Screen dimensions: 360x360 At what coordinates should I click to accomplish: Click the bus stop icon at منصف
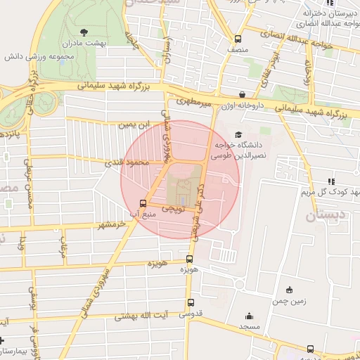[x=238, y=39]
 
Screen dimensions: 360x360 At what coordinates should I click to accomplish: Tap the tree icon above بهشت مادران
[x=85, y=32]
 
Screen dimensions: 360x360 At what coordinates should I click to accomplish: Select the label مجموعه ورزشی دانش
[x=37, y=56]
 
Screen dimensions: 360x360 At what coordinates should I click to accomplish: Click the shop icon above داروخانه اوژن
[x=242, y=94]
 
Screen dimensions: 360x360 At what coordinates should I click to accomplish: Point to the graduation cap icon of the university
[x=238, y=134]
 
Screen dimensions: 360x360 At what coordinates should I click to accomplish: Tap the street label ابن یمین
[x=134, y=124]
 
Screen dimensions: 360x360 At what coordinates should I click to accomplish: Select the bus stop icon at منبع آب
[x=143, y=203]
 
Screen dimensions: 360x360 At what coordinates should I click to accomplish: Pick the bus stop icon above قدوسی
[x=190, y=302]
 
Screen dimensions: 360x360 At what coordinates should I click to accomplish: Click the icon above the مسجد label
[x=247, y=316]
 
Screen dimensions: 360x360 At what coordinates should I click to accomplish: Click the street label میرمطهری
[x=194, y=104]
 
